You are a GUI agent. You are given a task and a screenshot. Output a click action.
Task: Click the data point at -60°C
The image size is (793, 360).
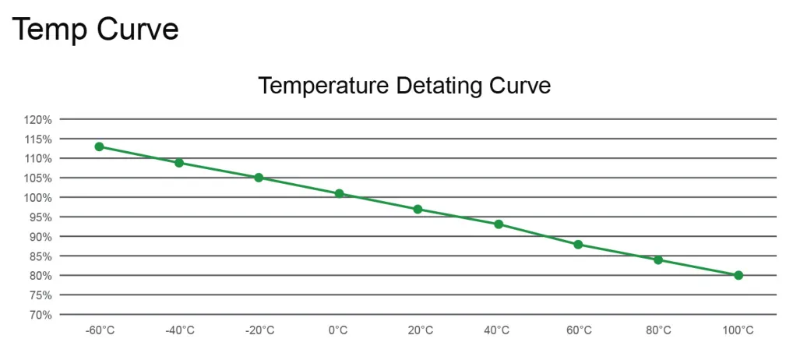pyautogui.click(x=99, y=146)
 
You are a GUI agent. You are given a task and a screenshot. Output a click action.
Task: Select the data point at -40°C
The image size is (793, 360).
pyautogui.click(x=179, y=163)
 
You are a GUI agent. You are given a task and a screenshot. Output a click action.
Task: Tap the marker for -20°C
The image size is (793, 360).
pyautogui.click(x=259, y=178)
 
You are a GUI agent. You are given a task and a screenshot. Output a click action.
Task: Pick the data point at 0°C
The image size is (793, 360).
pyautogui.click(x=339, y=193)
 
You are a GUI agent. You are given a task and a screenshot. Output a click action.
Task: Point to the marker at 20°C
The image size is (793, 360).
pyautogui.click(x=418, y=209)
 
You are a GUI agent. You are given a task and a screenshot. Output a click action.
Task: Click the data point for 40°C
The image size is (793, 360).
pyautogui.click(x=499, y=224)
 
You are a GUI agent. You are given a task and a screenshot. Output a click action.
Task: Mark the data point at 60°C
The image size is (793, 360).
pyautogui.click(x=578, y=244)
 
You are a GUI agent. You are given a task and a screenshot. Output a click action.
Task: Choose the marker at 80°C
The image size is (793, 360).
pyautogui.click(x=658, y=259)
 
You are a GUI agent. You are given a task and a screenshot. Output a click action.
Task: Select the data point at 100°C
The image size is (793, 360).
pyautogui.click(x=738, y=275)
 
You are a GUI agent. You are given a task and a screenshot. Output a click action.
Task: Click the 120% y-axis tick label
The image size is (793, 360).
pyautogui.click(x=37, y=120)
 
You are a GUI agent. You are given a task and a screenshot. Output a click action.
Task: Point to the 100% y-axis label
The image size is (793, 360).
pyautogui.click(x=37, y=198)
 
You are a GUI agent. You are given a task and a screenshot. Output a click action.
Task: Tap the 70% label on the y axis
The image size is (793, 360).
pyautogui.click(x=40, y=315)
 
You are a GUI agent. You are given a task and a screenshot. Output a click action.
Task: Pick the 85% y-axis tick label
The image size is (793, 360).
pyautogui.click(x=40, y=256)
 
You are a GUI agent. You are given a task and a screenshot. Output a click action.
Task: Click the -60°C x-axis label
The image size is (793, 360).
pyautogui.click(x=100, y=330)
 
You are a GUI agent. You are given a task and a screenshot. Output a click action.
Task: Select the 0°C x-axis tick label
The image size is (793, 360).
pyautogui.click(x=338, y=330)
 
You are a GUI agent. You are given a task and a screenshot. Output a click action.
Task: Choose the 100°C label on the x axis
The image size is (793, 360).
pyautogui.click(x=738, y=330)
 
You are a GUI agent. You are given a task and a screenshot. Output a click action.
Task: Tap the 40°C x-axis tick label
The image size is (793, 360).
pyautogui.click(x=498, y=330)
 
